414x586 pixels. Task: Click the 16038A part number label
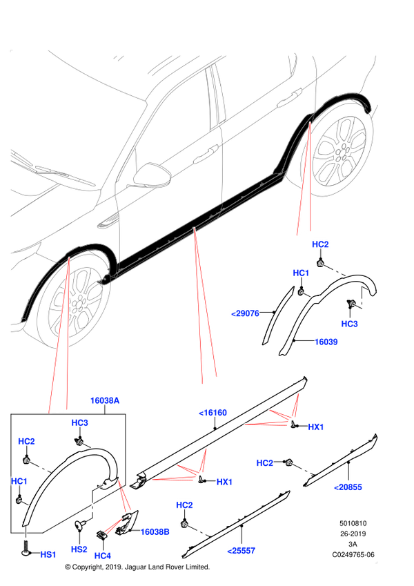point(105,400)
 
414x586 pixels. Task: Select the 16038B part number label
point(155,531)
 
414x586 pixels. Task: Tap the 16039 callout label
point(326,342)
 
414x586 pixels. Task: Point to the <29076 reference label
point(245,313)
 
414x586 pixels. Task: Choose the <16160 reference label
point(213,413)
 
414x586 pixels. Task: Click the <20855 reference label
point(348,487)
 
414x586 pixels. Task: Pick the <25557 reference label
point(241,551)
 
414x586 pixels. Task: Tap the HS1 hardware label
point(48,555)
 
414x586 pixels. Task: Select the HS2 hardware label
point(79,549)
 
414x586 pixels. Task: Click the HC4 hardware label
point(103,556)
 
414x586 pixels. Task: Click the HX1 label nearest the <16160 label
point(316,427)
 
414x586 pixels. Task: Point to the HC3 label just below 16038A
point(80,422)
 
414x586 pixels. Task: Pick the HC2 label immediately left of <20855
point(265,463)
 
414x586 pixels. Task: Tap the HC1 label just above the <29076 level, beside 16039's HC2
point(301,273)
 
